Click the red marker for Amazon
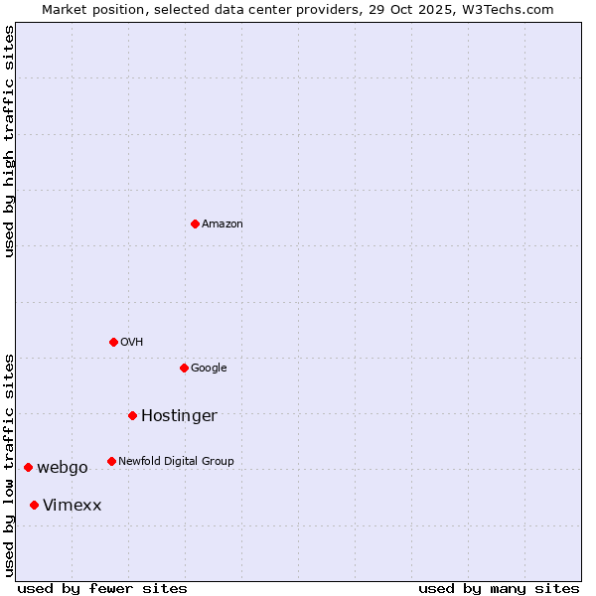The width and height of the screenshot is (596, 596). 195,223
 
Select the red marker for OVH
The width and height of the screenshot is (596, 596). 113,342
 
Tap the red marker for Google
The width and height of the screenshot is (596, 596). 184,368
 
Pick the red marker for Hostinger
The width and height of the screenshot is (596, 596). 132,415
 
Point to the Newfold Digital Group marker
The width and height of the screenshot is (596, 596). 111,461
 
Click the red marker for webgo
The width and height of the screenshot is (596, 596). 28,467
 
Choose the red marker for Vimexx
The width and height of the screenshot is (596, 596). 34,505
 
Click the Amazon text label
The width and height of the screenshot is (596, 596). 223,224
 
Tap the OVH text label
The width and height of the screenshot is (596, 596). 132,343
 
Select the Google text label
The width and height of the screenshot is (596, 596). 209,369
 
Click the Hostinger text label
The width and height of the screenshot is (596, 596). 179,416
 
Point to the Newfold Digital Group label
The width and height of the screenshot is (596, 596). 176,462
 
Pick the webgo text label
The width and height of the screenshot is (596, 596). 63,468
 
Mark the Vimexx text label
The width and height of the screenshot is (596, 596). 72,506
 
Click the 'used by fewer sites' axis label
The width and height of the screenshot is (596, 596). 102,588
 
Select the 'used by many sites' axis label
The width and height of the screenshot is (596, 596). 499,588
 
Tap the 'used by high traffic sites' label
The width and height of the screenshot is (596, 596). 10,141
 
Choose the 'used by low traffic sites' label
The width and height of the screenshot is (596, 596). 10,465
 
